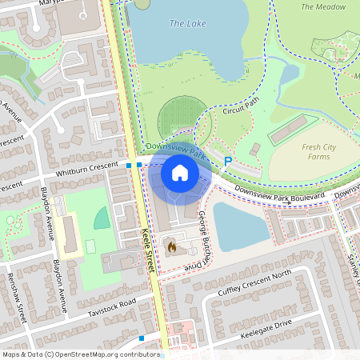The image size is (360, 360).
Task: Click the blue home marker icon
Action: pyautogui.click(x=180, y=172)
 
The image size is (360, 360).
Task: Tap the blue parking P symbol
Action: pyautogui.click(x=228, y=161)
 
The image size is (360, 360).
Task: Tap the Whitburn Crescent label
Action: pyautogui.click(x=86, y=172)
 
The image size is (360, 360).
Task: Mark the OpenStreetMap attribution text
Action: pyautogui.click(x=80, y=354)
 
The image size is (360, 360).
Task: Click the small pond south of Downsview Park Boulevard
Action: pyautogui.click(x=240, y=226)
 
